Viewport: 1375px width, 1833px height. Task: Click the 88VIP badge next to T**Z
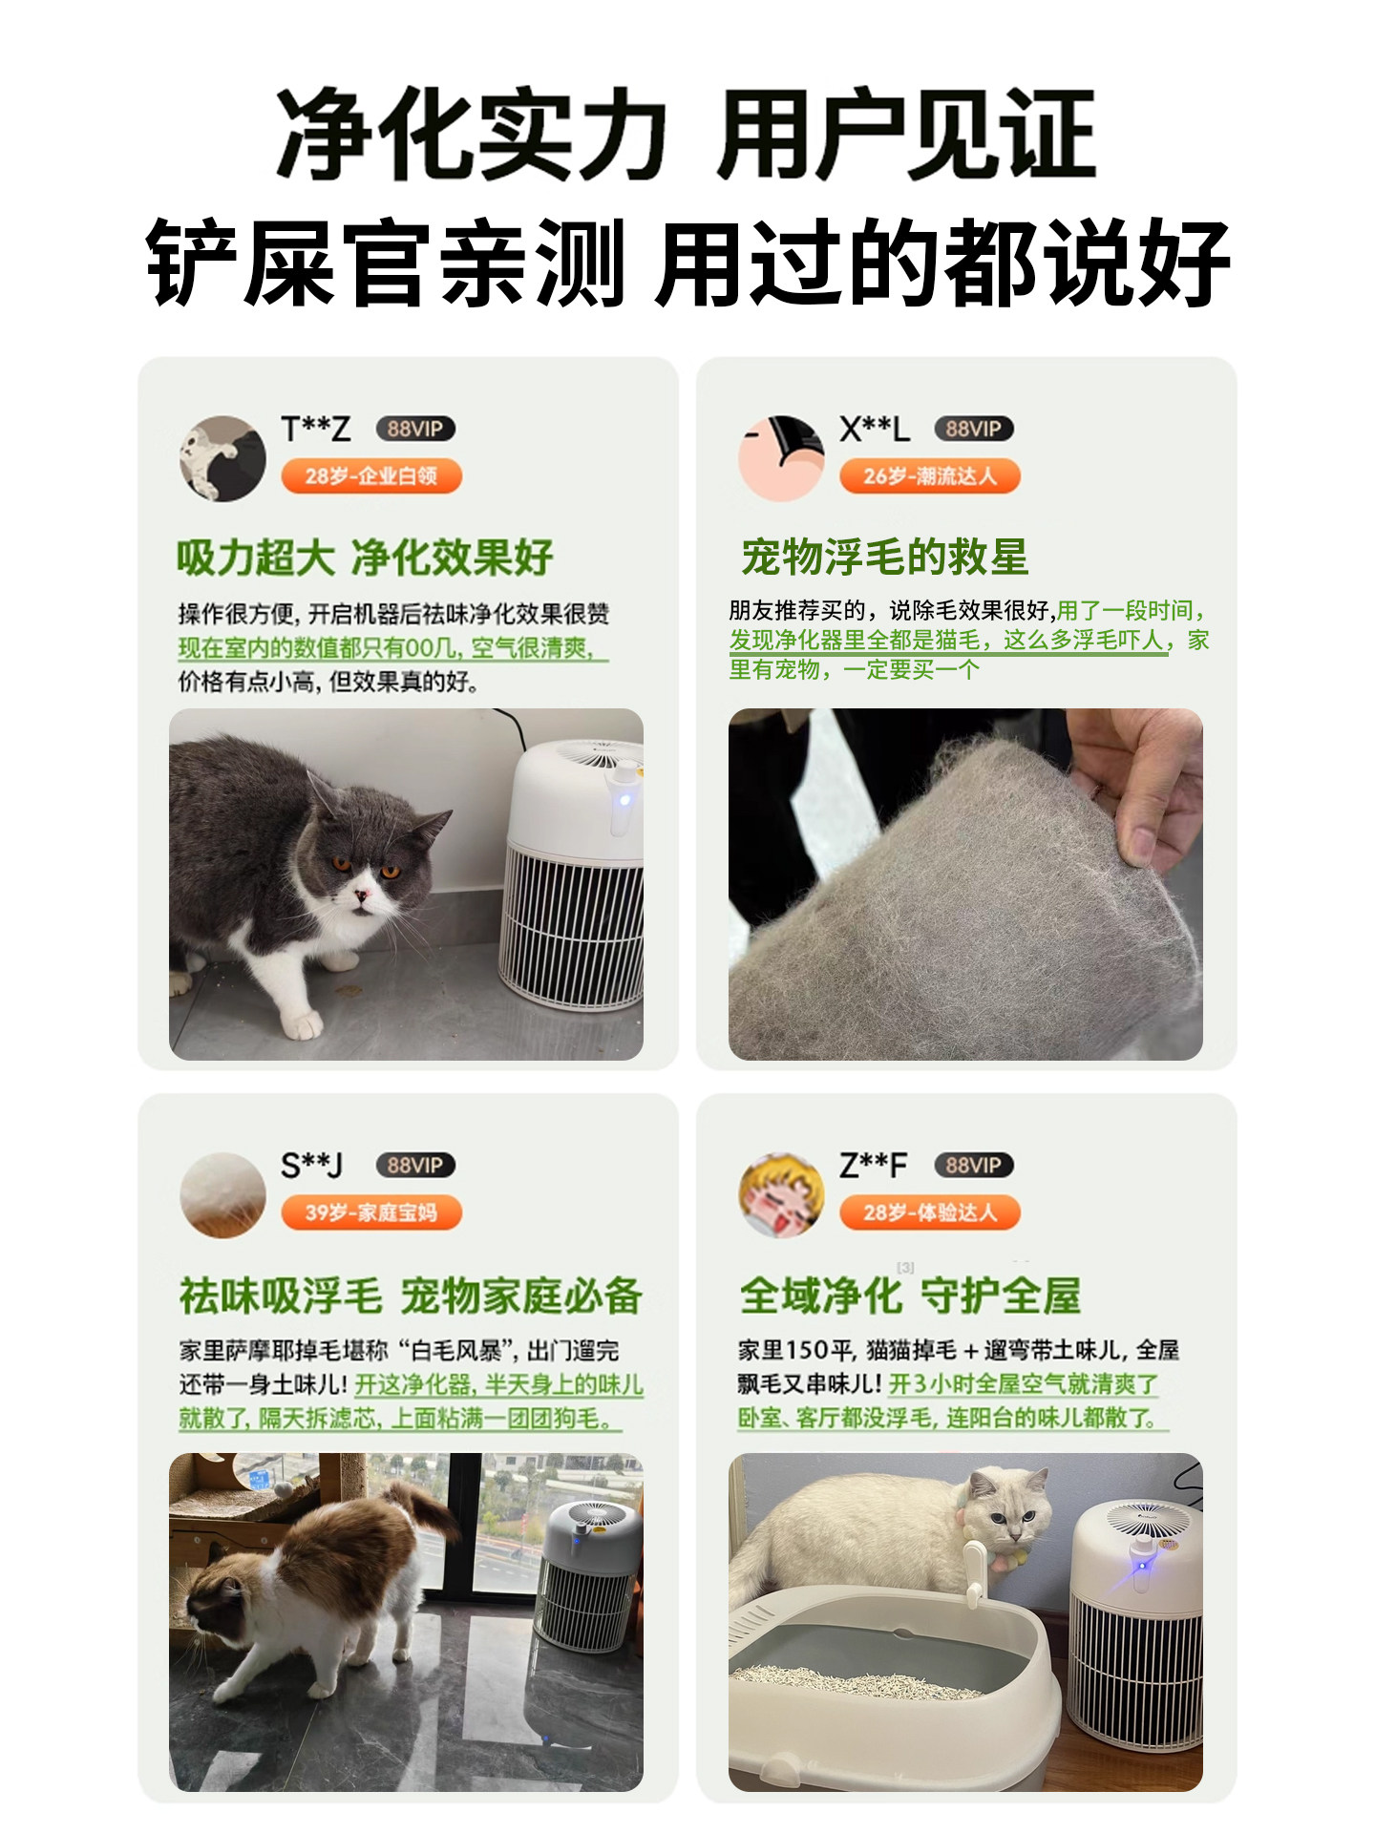414,430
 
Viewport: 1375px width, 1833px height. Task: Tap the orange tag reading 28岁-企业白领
370,476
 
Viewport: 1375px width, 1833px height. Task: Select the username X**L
874,430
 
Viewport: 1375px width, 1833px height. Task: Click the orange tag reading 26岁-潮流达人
929,476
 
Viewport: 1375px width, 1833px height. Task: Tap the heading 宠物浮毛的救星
884,558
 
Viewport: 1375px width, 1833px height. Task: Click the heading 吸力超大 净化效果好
365,558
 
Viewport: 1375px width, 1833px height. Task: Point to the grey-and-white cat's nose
362,895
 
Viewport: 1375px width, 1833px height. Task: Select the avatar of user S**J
222,1194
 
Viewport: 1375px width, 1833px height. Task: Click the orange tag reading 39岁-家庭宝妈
370,1212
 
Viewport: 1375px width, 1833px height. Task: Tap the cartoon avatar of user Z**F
781,1194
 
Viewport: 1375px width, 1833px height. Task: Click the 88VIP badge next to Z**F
973,1166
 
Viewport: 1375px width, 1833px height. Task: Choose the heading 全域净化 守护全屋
910,1296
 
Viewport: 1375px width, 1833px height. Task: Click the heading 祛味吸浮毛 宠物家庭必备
411,1296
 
